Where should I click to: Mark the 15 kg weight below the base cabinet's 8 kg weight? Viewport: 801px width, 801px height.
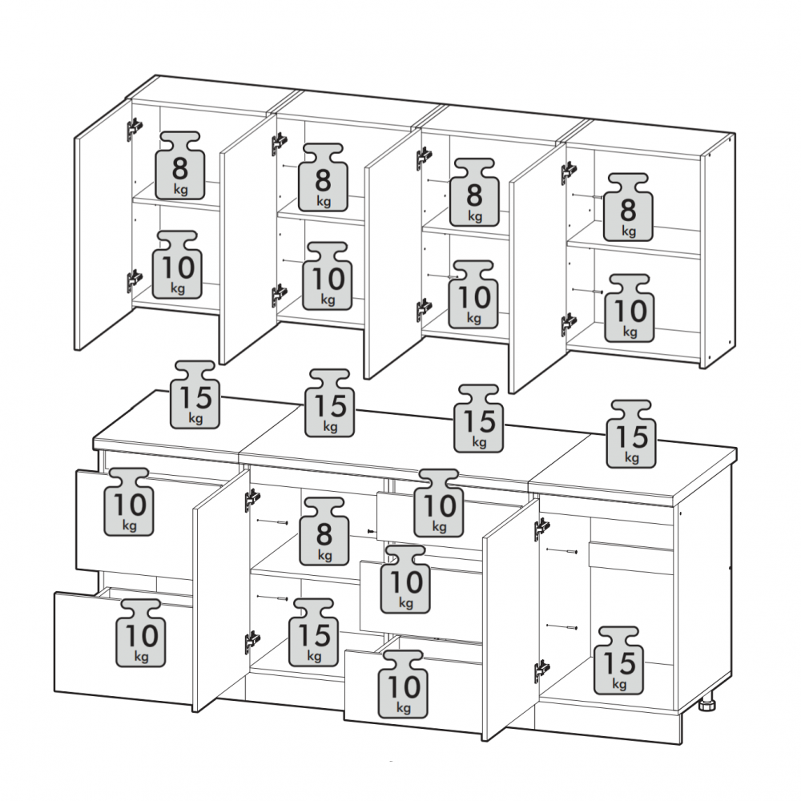[314, 633]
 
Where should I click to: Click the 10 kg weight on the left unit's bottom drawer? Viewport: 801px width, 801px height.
[141, 633]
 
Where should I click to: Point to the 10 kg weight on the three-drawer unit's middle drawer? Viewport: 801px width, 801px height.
[405, 579]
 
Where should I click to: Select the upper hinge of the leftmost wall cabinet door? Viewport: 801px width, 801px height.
[135, 128]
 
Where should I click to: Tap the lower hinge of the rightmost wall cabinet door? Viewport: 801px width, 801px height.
[569, 324]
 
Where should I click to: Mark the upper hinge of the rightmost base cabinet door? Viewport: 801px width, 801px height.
[542, 528]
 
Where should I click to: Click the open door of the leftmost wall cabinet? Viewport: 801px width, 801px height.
[103, 223]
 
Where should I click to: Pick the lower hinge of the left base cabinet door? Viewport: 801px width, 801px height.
[252, 642]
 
